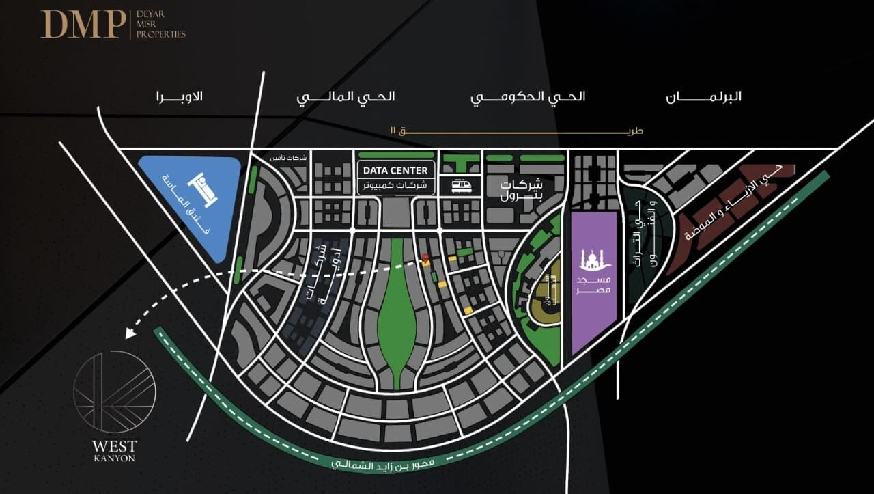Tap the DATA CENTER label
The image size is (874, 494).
pyautogui.click(x=395, y=170)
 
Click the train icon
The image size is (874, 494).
pyautogui.click(x=460, y=185)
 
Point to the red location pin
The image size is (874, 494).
pyautogui.click(x=425, y=259)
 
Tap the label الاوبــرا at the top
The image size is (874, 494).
pyautogui.click(x=179, y=96)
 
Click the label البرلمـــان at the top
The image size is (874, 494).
pyautogui.click(x=703, y=96)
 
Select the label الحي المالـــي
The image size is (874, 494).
pyautogui.click(x=346, y=96)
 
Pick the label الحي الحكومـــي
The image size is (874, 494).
pyautogui.click(x=528, y=96)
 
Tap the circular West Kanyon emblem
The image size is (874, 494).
pyautogui.click(x=115, y=392)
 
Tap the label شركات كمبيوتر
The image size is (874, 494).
pyautogui.click(x=395, y=185)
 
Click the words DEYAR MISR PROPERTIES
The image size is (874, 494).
pyautogui.click(x=160, y=24)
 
